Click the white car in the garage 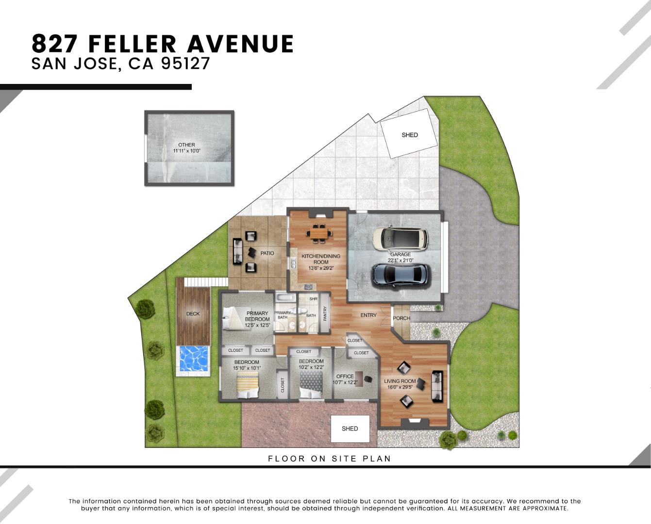(400, 239)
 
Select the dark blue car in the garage (401, 275)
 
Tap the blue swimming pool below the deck (194, 359)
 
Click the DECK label (193, 314)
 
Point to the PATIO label (267, 253)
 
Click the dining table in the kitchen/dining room (319, 233)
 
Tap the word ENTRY (368, 315)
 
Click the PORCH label (401, 318)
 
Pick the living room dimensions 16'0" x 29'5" (400, 387)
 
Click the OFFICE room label (345, 377)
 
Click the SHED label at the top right (409, 135)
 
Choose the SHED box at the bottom (350, 428)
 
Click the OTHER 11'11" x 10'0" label (186, 148)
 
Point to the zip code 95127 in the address (185, 64)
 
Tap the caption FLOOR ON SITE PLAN (329, 458)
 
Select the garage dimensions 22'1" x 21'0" (401, 261)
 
